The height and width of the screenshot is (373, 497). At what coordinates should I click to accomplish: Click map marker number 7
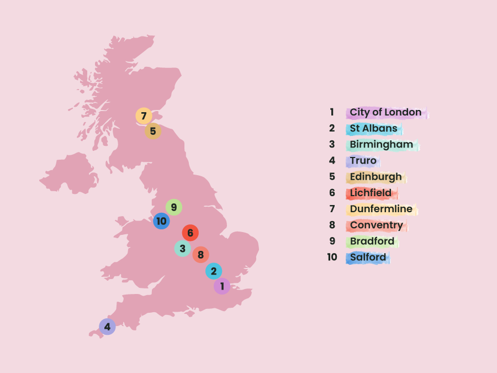(x=144, y=116)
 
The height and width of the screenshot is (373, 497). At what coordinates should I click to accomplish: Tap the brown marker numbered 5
(x=153, y=132)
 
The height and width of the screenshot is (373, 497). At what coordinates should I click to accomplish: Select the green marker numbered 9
(x=173, y=207)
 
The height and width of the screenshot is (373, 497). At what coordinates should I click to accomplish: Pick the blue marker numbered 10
(x=161, y=221)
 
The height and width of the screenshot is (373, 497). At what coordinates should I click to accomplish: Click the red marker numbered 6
(x=190, y=233)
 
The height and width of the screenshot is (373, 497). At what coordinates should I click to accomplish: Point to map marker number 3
(x=182, y=249)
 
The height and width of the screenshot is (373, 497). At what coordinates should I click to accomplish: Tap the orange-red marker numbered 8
(x=200, y=255)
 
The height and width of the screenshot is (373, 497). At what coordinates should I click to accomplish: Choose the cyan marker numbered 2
(x=214, y=271)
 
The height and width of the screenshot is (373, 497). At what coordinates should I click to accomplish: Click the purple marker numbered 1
(x=222, y=286)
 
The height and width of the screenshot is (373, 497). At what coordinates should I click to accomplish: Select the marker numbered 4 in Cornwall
(x=107, y=327)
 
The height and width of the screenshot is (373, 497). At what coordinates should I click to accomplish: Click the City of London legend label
(x=385, y=113)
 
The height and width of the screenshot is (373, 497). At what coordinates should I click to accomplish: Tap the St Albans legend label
(x=373, y=129)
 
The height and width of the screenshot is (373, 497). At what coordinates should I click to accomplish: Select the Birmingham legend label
(x=381, y=145)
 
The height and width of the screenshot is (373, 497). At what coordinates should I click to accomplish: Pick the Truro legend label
(x=363, y=161)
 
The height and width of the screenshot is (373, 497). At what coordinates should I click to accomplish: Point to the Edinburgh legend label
(x=376, y=177)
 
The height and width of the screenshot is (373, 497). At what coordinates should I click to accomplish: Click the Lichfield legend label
(x=371, y=193)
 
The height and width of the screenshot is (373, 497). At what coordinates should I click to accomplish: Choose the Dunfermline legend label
(x=381, y=209)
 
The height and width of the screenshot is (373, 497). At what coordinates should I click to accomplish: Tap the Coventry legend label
(x=376, y=225)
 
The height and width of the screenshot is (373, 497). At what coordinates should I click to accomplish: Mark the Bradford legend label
(x=372, y=241)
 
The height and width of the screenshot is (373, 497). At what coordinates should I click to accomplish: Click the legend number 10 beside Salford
(x=332, y=258)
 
